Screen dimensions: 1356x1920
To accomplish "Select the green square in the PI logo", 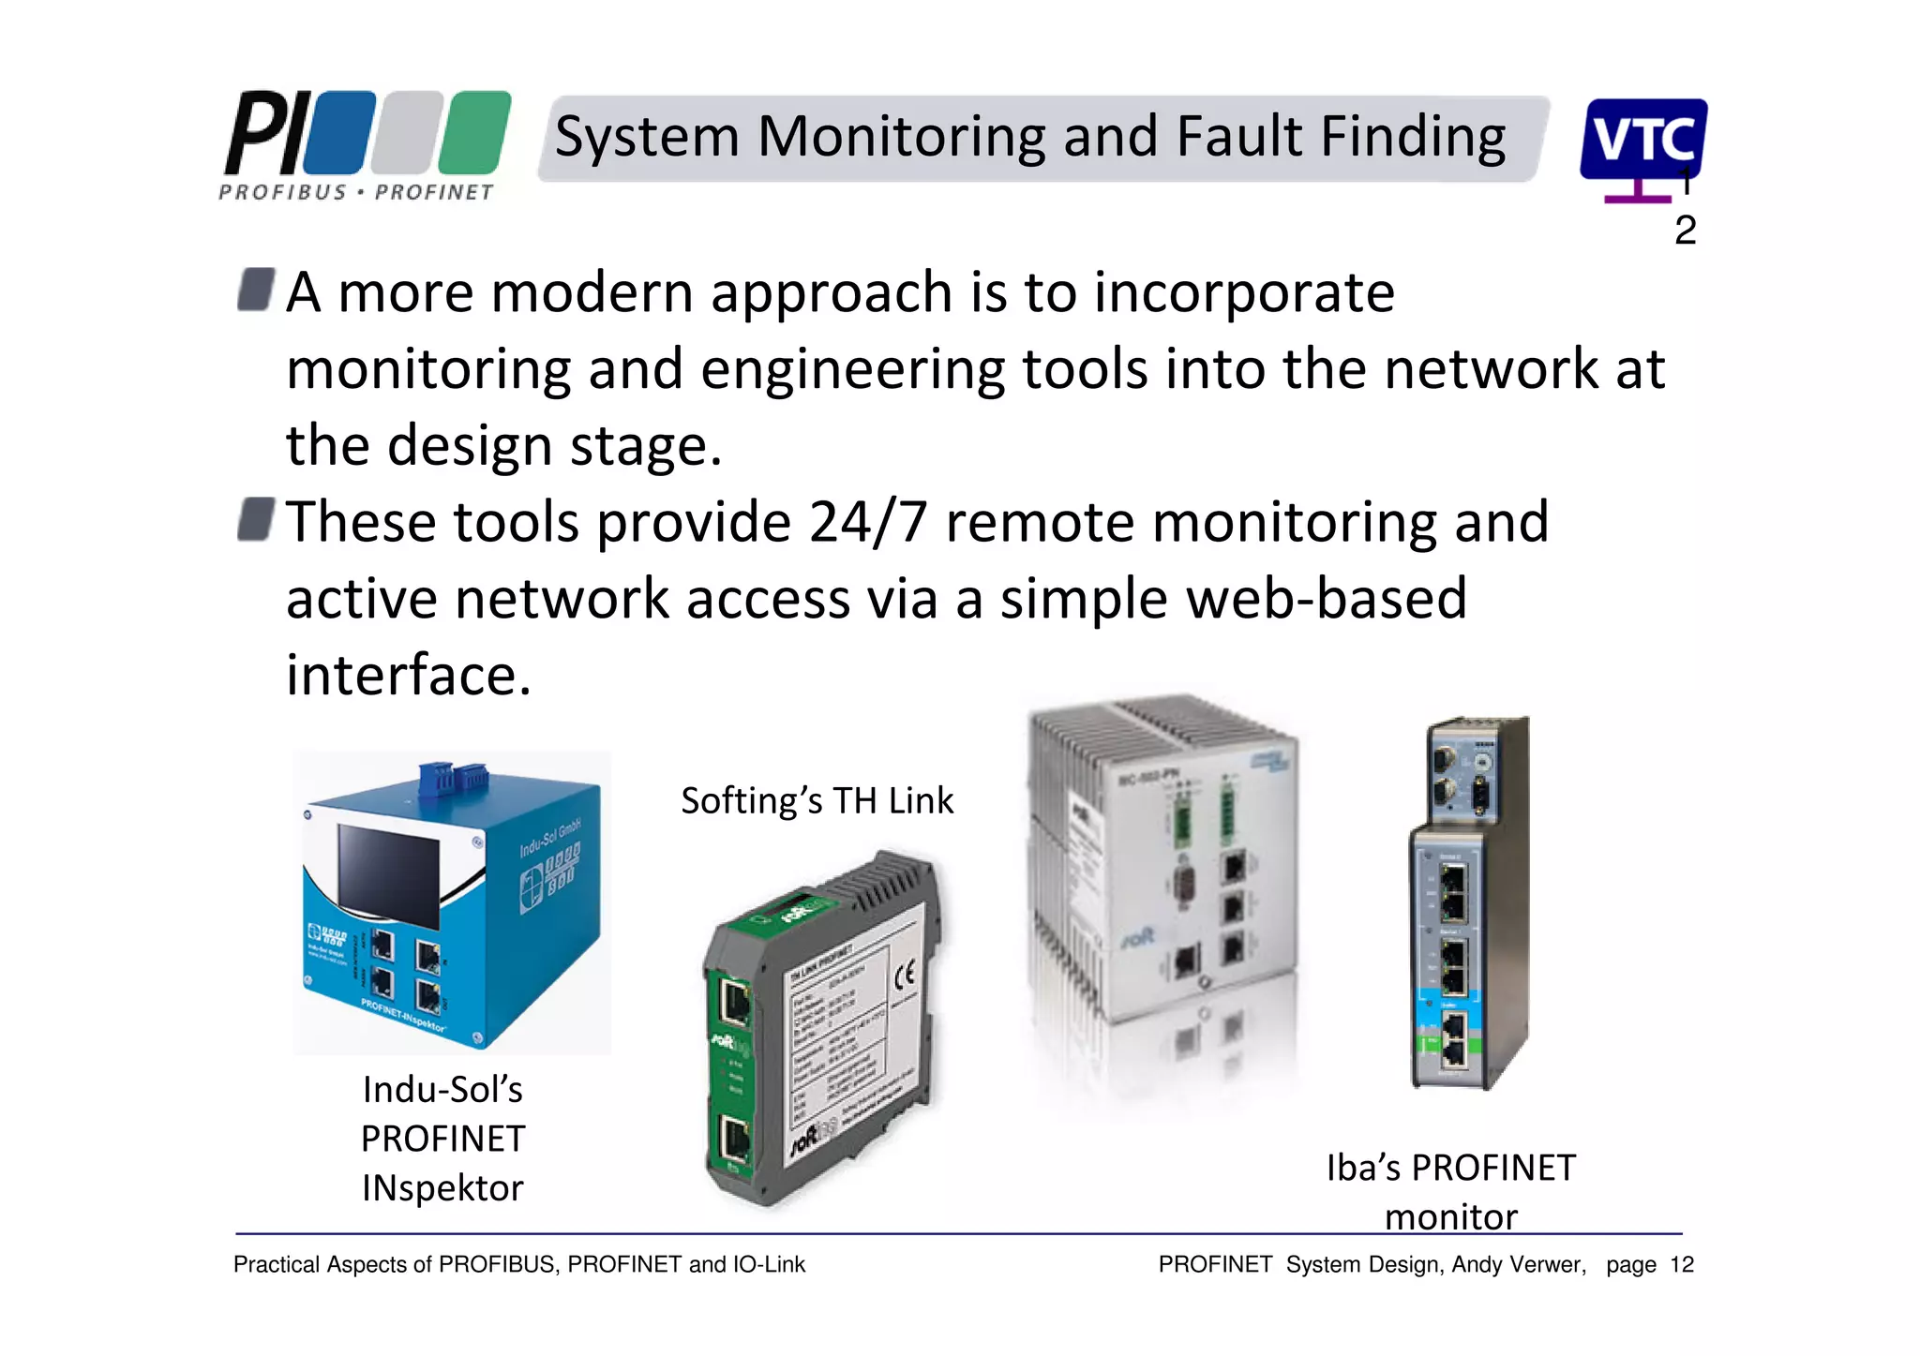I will tap(474, 133).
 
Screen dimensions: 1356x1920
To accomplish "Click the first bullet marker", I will tap(256, 290).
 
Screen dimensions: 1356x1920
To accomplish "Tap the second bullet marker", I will tap(256, 519).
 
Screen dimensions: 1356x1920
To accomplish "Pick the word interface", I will tap(409, 675).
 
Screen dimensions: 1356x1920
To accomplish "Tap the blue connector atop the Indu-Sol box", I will tap(453, 779).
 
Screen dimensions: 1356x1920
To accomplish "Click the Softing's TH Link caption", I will tap(817, 801).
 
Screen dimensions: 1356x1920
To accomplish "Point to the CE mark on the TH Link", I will tap(904, 977).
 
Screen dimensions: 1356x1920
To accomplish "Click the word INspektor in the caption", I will tap(442, 1188).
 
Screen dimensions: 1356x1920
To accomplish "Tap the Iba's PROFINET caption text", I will tap(1450, 1169).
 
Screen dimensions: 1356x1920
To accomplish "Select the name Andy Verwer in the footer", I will tap(1518, 1265).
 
